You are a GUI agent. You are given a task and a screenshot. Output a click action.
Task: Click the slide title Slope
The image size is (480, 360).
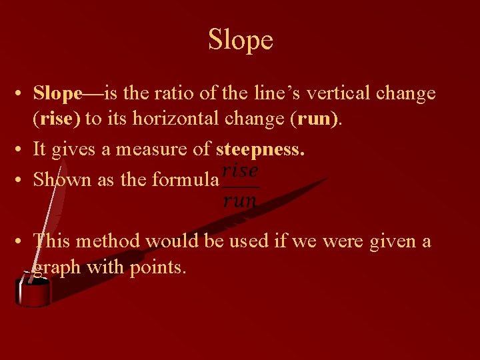point(240,40)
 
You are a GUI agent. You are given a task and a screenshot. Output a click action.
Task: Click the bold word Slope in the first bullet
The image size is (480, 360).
point(57,93)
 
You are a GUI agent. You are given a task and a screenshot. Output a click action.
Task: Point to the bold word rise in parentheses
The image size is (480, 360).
point(60,119)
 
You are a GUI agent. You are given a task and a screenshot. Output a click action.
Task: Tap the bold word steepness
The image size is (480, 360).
point(260,149)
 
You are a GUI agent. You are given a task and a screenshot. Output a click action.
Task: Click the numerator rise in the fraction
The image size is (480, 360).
point(240,171)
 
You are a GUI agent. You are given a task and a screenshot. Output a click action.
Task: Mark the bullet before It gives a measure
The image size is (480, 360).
point(22,149)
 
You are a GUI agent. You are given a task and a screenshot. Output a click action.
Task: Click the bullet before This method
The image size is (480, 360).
point(22,241)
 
